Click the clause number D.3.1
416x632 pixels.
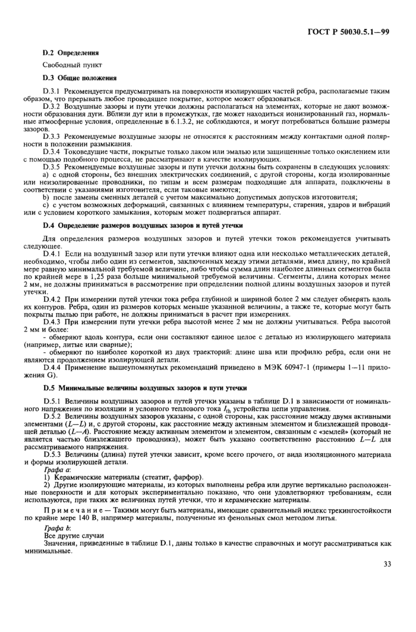click(x=53, y=91)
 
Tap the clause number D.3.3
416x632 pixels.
click(x=53, y=136)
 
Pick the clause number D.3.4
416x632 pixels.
click(x=53, y=151)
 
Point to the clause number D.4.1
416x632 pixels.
click(x=53, y=254)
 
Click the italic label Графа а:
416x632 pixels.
click(x=58, y=469)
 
